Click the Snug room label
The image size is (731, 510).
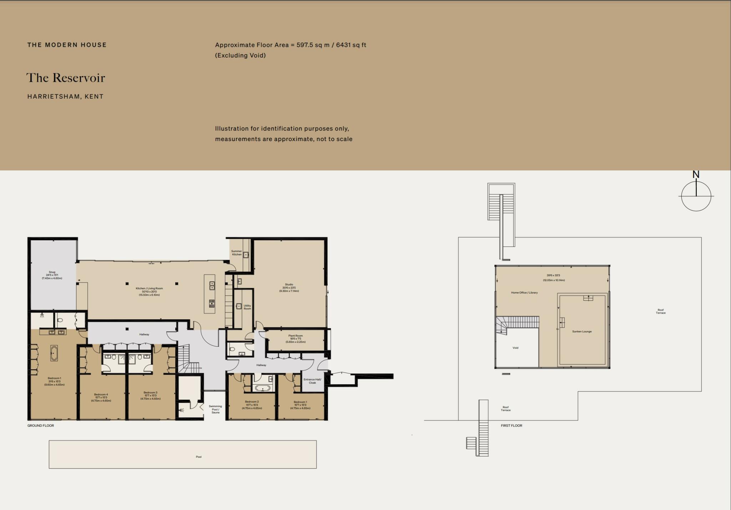point(52,275)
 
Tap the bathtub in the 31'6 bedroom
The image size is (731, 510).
point(54,353)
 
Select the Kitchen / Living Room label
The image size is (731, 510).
point(149,291)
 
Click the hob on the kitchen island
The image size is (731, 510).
point(212,304)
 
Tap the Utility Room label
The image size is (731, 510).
point(247,307)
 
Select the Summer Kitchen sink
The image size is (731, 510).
point(246,255)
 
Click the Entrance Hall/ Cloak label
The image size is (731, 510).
point(312,381)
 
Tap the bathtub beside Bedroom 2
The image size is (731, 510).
point(263,388)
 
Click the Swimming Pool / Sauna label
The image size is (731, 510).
point(215,409)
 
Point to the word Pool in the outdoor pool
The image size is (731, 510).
point(199,457)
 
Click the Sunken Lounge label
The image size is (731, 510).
point(582,331)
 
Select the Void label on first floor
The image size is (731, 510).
point(515,348)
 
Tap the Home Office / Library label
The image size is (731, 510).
point(524,292)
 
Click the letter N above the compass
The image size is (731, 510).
point(696,175)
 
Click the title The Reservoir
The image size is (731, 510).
point(66,78)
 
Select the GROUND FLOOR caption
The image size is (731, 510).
point(41,426)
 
